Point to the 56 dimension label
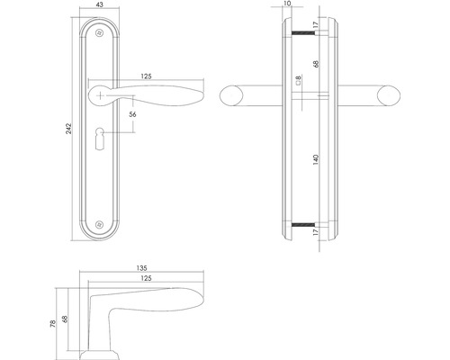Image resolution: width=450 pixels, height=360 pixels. [133, 115]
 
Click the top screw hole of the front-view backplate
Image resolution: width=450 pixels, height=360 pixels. [99, 35]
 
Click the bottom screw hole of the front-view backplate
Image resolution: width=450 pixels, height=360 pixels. [99, 224]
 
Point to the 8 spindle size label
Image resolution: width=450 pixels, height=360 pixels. [297, 84]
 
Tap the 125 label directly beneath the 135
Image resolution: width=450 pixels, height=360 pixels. [147, 278]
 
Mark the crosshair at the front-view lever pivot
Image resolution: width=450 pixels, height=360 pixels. [99, 93]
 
